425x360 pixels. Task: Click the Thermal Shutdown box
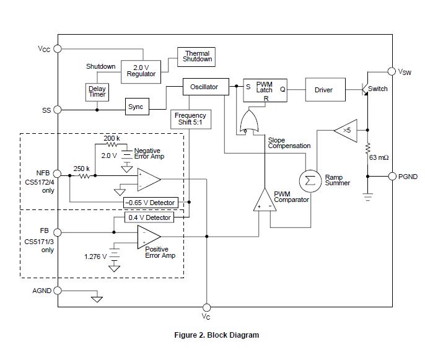click(197, 56)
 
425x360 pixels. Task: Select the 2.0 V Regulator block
click(141, 70)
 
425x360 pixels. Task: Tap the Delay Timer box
click(97, 92)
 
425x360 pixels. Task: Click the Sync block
click(136, 107)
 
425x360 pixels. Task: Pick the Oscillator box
click(204, 87)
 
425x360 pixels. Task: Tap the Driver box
click(323, 90)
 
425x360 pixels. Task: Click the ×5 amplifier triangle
click(346, 130)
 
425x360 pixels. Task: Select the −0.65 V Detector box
click(150, 203)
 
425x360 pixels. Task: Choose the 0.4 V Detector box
click(150, 217)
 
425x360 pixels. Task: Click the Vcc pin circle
click(58, 48)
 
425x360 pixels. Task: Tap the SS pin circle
click(58, 110)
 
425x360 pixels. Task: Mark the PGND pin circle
click(392, 176)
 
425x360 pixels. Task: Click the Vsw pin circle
click(392, 72)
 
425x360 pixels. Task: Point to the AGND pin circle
click(58, 290)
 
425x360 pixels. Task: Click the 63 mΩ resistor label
click(378, 157)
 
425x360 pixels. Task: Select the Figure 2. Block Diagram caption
click(216, 335)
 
